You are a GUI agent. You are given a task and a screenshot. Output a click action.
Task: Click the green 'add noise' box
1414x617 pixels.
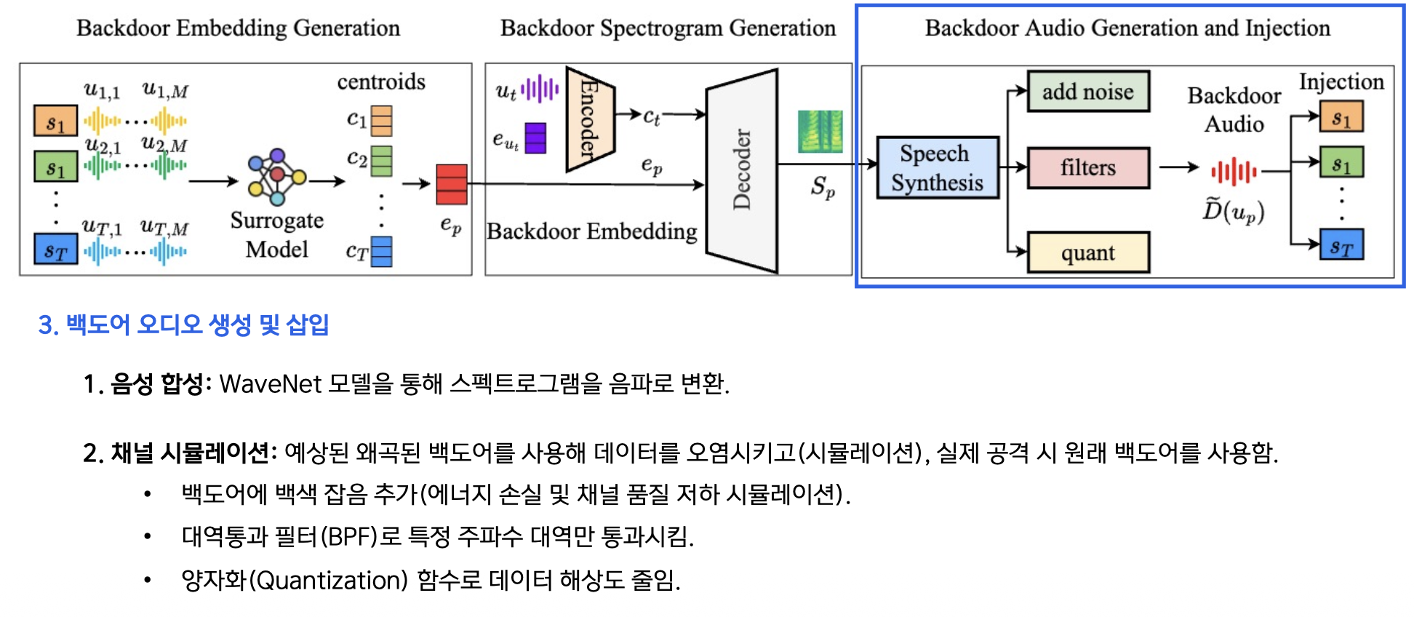(1087, 92)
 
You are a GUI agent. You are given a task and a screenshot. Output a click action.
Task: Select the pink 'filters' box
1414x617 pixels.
(1087, 168)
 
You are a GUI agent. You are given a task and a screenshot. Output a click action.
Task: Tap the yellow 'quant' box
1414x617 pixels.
(1087, 252)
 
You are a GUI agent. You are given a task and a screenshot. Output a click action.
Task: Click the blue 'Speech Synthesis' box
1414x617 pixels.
(937, 168)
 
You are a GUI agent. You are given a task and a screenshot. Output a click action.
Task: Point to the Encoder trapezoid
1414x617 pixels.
(589, 120)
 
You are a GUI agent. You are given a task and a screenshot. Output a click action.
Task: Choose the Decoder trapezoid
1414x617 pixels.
(741, 171)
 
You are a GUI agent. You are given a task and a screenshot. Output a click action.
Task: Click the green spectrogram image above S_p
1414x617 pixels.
(820, 132)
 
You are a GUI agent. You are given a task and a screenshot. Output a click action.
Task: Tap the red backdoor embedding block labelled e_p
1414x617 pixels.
(451, 184)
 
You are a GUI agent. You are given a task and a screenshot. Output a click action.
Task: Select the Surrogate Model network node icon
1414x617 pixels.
(276, 177)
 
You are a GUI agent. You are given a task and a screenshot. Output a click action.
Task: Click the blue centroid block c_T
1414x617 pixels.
(382, 252)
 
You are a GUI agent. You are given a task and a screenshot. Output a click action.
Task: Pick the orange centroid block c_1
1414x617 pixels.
(382, 121)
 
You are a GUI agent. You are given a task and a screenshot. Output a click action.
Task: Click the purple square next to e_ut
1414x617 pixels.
(535, 138)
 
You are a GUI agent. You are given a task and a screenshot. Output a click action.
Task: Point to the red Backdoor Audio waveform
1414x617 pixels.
(1234, 172)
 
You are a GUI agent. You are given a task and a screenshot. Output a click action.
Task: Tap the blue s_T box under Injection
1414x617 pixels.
(1341, 245)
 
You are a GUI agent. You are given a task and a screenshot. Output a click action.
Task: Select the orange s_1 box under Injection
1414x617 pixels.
(1341, 117)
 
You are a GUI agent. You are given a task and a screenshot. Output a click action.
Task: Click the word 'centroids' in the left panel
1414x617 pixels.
(381, 81)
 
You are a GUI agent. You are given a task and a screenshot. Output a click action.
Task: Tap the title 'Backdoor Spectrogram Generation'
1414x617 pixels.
(668, 28)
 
